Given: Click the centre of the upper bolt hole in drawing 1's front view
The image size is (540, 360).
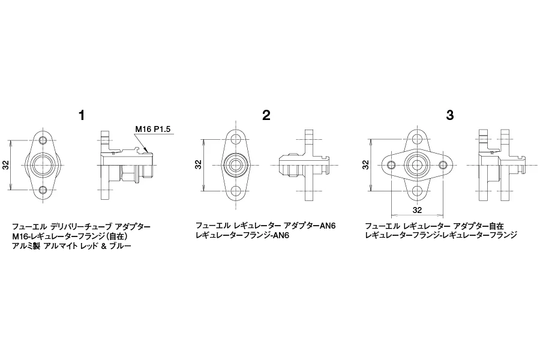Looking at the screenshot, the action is tap(43, 140).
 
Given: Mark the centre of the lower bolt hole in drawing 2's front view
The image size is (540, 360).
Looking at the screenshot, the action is tap(236, 191).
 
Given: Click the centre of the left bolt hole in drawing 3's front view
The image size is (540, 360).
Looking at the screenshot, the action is tap(391, 166).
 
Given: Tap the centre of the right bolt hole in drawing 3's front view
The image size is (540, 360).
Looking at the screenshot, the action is tap(443, 166).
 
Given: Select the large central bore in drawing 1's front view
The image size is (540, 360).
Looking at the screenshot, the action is tap(43, 166).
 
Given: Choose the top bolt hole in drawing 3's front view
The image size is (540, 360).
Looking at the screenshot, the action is tap(417, 140).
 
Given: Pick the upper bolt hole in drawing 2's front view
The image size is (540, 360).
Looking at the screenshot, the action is tap(236, 140).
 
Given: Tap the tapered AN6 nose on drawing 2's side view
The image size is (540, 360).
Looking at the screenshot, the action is tap(283, 166).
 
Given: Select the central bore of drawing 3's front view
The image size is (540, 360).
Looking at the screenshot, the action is tap(417, 166).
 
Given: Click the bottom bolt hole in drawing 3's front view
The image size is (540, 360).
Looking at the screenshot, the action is tap(417, 191).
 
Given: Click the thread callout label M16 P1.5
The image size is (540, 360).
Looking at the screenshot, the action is tap(152, 129).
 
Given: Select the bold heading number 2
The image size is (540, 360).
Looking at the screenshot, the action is tap(266, 115).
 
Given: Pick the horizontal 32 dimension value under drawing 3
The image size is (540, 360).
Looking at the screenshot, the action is tap(417, 210).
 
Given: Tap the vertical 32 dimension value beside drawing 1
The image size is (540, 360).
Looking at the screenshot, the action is tap(6, 166).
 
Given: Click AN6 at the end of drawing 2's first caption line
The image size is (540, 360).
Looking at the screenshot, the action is tap(328, 226).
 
